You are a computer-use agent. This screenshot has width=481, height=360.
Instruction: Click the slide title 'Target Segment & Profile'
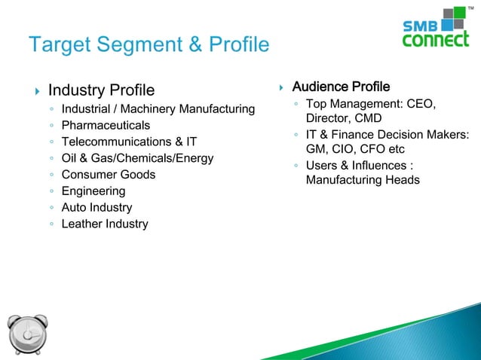(x=148, y=45)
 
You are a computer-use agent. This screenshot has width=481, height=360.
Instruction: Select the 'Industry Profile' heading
(x=101, y=90)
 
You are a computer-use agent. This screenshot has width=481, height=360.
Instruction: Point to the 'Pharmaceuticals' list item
(x=106, y=125)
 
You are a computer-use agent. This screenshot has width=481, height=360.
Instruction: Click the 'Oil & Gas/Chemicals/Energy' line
(x=137, y=158)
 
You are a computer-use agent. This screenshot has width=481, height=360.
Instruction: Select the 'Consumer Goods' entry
(x=109, y=175)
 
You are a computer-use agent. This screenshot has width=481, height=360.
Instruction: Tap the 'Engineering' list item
(x=93, y=191)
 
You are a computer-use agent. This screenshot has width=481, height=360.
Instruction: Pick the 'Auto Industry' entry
(x=97, y=207)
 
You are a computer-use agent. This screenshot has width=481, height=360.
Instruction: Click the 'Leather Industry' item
(x=105, y=224)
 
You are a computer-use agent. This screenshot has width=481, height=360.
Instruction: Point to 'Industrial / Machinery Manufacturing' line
(x=158, y=109)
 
